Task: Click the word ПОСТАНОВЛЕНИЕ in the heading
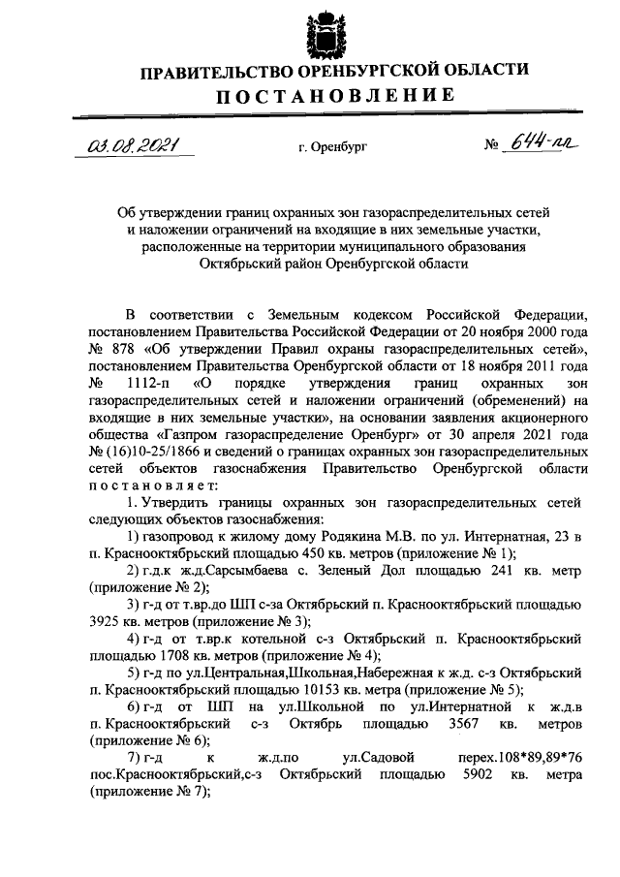tap(334, 95)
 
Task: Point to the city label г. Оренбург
tap(333, 148)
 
